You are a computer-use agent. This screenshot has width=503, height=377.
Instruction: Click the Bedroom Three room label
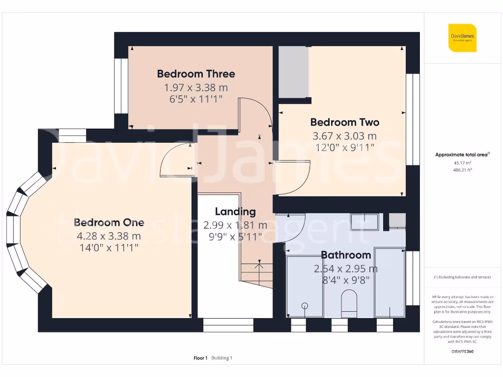(x=196, y=74)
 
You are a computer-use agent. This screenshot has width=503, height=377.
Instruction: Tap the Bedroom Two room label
(x=345, y=122)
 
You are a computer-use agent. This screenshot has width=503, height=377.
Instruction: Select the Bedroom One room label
(x=109, y=222)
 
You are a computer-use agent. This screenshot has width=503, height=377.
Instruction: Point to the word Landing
(x=235, y=212)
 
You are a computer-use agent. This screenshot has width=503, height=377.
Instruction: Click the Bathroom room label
(x=346, y=255)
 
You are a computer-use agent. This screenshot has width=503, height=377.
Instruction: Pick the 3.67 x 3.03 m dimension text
(x=345, y=136)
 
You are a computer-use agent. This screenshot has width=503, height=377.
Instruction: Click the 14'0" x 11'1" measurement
(x=109, y=248)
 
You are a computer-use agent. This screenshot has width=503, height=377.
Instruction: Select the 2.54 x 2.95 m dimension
(x=346, y=269)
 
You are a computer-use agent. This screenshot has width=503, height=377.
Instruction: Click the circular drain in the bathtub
(x=305, y=306)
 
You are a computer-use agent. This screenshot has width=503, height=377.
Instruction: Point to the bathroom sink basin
(x=364, y=222)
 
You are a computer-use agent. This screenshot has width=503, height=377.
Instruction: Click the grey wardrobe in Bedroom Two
(x=294, y=72)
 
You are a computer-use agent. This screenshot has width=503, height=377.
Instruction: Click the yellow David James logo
(x=462, y=38)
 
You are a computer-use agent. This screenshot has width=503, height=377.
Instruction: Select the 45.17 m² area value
(x=462, y=162)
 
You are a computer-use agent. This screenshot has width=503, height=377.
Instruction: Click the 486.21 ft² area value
(x=462, y=170)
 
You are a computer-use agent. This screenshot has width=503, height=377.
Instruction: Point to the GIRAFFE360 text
(x=462, y=351)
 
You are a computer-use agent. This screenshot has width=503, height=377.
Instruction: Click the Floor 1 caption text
(x=200, y=358)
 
